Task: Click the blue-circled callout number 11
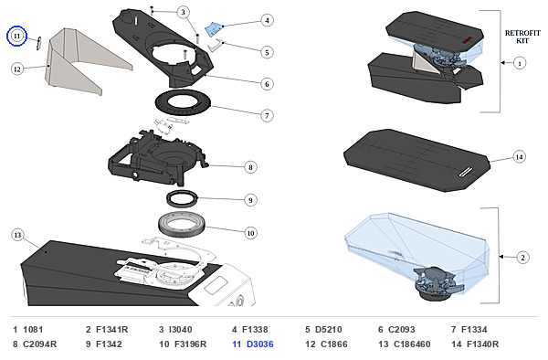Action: [16, 36]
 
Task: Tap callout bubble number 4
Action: [267, 20]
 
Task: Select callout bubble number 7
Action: [267, 115]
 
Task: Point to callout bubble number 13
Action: [17, 235]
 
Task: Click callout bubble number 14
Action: [520, 157]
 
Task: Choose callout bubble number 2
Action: [522, 258]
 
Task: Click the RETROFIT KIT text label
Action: [522, 37]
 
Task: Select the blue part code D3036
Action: [260, 344]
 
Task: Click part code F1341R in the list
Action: [111, 330]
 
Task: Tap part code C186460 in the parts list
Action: [412, 344]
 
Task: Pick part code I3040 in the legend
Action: [180, 330]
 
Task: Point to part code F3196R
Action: [191, 344]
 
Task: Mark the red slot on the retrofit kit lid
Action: [467, 40]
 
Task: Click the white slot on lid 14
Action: [466, 172]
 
